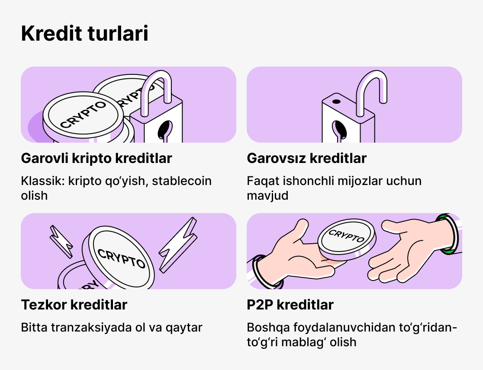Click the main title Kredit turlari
click(84, 34)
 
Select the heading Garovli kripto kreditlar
click(97, 158)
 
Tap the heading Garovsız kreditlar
click(306, 158)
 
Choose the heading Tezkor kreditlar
click(74, 305)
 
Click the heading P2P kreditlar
click(290, 305)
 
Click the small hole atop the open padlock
click(336, 103)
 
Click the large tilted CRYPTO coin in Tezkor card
click(121, 257)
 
